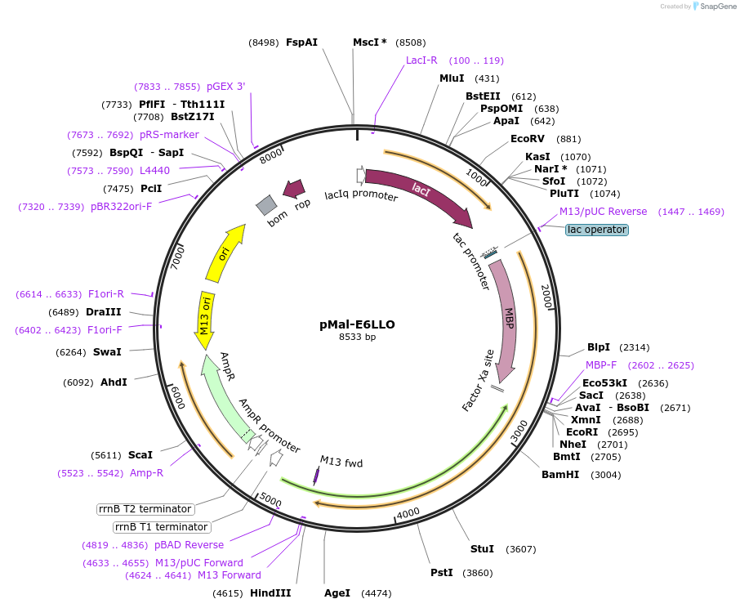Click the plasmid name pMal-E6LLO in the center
(357, 324)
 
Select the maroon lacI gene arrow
(417, 194)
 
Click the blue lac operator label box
(597, 230)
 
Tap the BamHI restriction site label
(559, 475)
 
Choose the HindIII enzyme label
(270, 592)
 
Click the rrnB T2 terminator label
(144, 509)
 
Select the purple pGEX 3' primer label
(225, 87)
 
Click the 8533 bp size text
(358, 337)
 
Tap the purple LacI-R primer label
(421, 60)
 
